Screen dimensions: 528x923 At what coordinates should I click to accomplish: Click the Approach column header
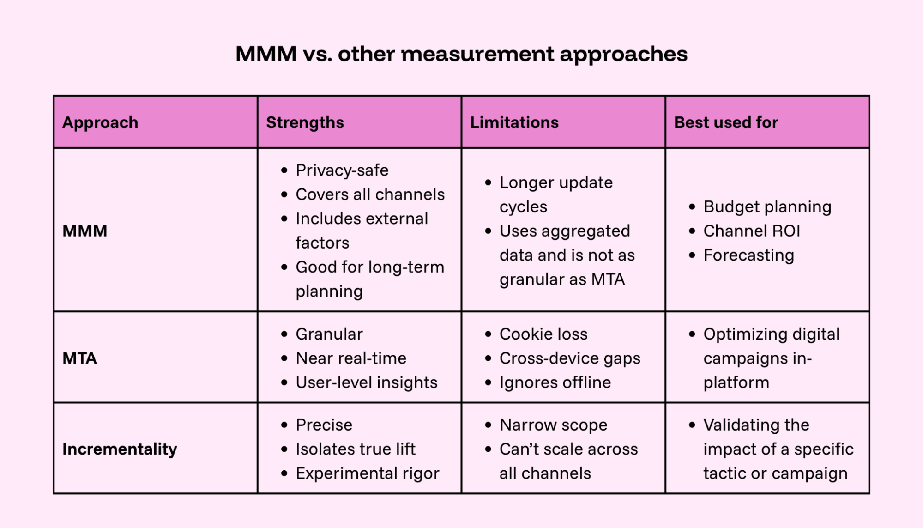100,122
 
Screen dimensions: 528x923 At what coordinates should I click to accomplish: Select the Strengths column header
305,122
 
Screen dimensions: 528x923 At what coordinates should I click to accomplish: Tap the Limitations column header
514,122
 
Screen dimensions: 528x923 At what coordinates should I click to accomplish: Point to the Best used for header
726,122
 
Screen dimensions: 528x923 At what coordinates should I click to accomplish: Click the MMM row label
85,231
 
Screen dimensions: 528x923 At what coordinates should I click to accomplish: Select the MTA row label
80,358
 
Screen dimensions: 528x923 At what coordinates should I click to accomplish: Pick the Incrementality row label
120,449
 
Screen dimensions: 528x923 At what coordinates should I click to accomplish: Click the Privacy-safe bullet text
342,170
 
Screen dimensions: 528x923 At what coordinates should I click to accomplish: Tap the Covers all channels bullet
370,194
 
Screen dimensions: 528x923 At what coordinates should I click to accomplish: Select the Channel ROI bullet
751,231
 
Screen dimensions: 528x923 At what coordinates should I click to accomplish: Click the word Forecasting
748,255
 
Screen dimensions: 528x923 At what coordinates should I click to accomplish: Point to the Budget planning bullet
767,207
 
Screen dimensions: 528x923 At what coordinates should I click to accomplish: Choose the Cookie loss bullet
543,334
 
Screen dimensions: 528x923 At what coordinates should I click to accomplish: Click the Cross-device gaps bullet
569,358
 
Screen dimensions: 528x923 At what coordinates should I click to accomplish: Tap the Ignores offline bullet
555,382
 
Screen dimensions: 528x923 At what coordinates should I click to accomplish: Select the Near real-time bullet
351,358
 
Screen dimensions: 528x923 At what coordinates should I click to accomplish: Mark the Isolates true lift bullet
355,449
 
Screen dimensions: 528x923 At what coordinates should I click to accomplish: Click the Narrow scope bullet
553,425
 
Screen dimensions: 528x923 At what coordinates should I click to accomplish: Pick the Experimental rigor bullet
367,473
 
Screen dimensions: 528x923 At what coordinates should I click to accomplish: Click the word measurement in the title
478,54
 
